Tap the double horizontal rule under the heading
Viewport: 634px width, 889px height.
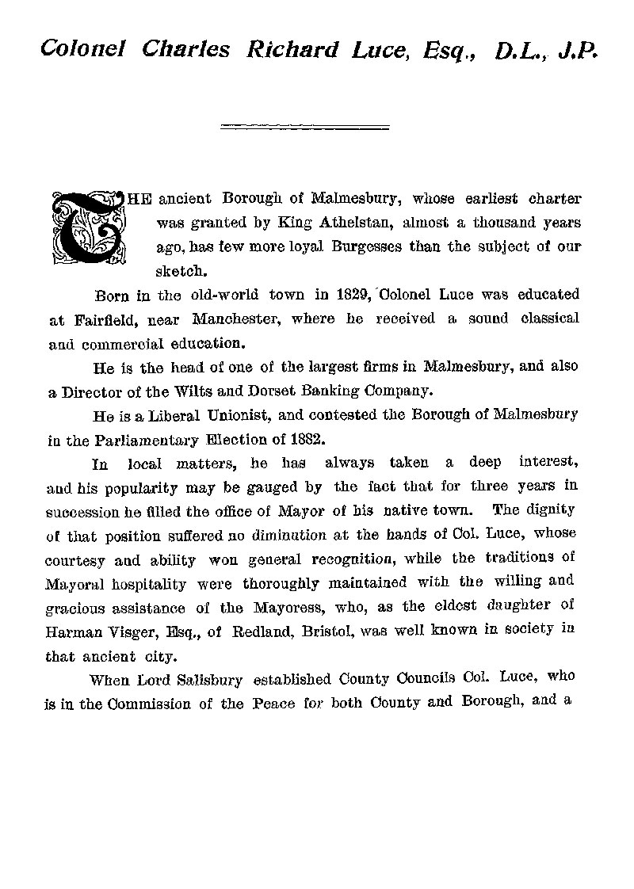pos(305,126)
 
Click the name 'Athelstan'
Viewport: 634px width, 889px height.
pos(353,222)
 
